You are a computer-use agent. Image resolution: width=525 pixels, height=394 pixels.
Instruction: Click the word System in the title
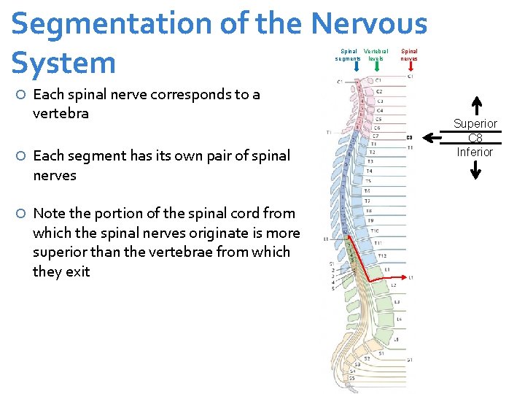[x=63, y=63]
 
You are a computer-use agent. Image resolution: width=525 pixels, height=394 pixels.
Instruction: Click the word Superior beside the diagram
[x=475, y=124]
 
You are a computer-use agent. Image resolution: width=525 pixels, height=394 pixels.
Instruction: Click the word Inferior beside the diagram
[x=475, y=152]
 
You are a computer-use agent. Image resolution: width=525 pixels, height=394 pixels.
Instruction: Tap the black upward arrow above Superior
[x=475, y=107]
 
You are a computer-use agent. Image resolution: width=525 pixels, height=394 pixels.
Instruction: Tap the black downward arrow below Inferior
[x=475, y=169]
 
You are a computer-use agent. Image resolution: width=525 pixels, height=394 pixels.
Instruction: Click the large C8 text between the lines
[x=475, y=138]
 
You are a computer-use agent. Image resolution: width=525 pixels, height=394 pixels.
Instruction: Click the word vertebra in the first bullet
[x=61, y=113]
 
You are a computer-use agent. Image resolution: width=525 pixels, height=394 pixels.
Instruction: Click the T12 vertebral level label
[x=381, y=255]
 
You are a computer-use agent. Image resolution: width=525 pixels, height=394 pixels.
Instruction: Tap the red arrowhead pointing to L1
[x=403, y=278]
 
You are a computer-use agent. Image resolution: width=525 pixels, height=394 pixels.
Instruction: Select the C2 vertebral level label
[x=378, y=92]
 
